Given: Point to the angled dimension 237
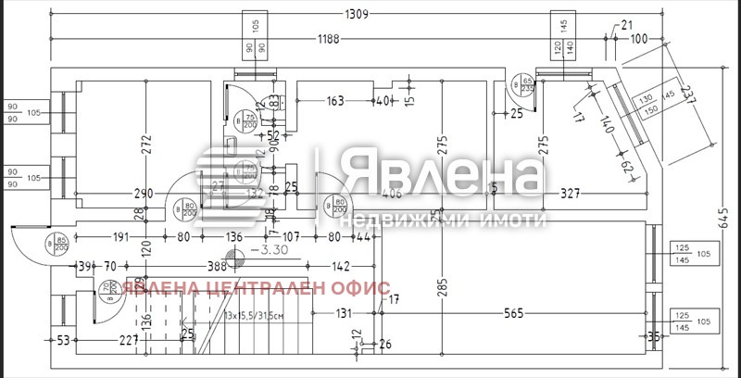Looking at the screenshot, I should pyautogui.click(x=686, y=95).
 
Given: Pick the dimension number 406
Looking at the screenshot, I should pyautogui.click(x=390, y=195).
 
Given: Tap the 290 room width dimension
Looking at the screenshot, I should pyautogui.click(x=144, y=195).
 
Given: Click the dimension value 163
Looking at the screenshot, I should pyautogui.click(x=335, y=101).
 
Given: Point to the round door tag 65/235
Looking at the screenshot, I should pyautogui.click(x=527, y=88).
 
